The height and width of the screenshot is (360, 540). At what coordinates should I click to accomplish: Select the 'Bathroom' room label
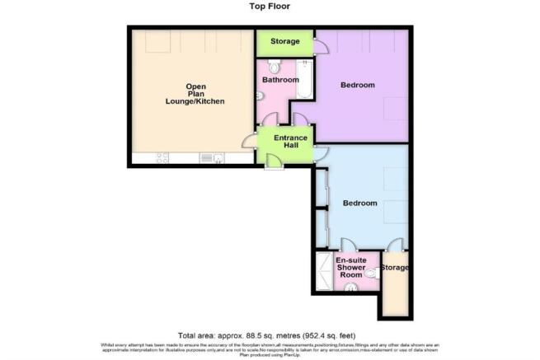[275, 81]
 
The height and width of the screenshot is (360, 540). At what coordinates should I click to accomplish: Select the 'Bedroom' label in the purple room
[359, 85]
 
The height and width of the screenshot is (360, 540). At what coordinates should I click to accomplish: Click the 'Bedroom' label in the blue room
[360, 203]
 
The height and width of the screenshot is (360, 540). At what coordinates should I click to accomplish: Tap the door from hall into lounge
[251, 142]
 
